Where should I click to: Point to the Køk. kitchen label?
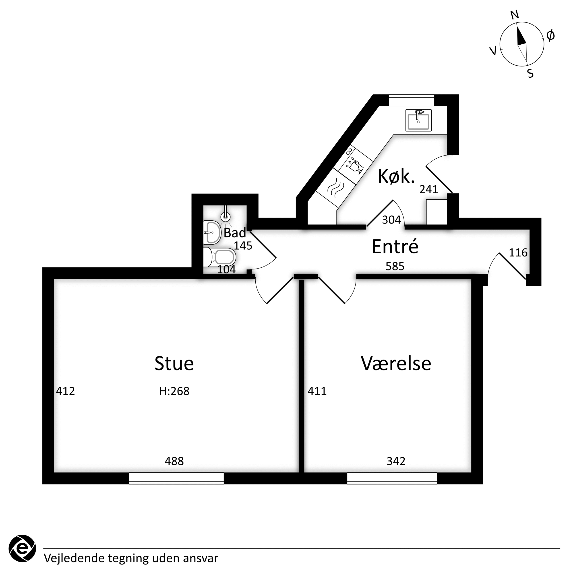(x=396, y=176)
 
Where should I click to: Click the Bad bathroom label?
(x=235, y=233)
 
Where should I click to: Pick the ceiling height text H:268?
(x=174, y=391)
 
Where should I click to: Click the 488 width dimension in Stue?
(x=174, y=461)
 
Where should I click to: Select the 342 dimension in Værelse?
(x=396, y=461)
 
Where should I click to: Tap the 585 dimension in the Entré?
(x=395, y=266)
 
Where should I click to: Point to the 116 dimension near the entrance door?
(x=518, y=252)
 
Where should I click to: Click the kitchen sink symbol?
(x=418, y=120)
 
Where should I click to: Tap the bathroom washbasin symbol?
(x=212, y=233)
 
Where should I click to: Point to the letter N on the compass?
(x=515, y=15)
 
